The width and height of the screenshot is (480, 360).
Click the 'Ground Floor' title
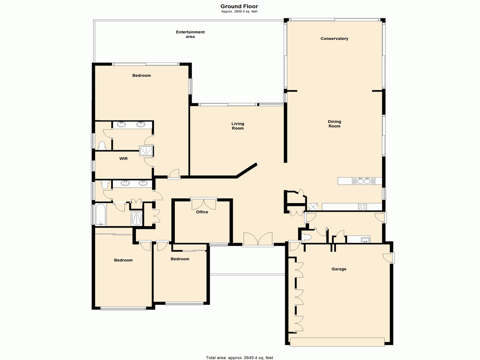(x=239, y=6)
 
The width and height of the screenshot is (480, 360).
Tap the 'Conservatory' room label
(x=334, y=38)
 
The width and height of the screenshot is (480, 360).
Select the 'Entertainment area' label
(x=190, y=34)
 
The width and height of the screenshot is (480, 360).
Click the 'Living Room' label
(x=238, y=126)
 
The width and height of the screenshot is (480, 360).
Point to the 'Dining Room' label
(x=334, y=124)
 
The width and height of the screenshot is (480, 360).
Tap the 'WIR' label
(x=123, y=158)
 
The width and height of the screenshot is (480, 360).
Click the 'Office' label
(x=202, y=212)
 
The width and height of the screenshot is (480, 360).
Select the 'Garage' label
(x=339, y=269)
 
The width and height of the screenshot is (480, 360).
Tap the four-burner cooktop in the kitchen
(x=363, y=207)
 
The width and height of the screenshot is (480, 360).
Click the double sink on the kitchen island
(x=362, y=181)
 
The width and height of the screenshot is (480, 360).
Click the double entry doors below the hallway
(x=258, y=240)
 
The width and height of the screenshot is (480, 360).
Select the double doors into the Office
(x=204, y=204)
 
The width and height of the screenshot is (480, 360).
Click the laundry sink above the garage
(x=365, y=239)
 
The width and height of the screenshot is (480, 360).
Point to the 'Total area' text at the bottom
(x=240, y=358)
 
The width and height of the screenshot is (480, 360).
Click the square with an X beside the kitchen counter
(x=314, y=207)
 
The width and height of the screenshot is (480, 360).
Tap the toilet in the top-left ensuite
(x=102, y=145)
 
